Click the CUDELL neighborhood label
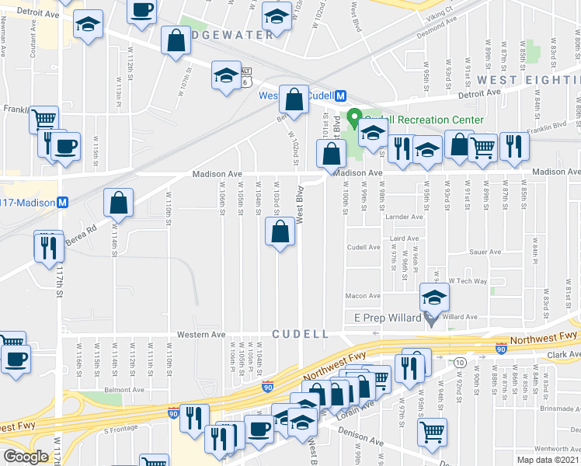click(x=300, y=334)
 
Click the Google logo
click(x=26, y=457)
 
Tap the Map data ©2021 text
click(x=548, y=460)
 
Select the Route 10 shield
click(x=461, y=363)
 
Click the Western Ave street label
click(x=204, y=335)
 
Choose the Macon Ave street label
click(x=362, y=296)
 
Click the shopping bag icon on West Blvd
click(x=280, y=231)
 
